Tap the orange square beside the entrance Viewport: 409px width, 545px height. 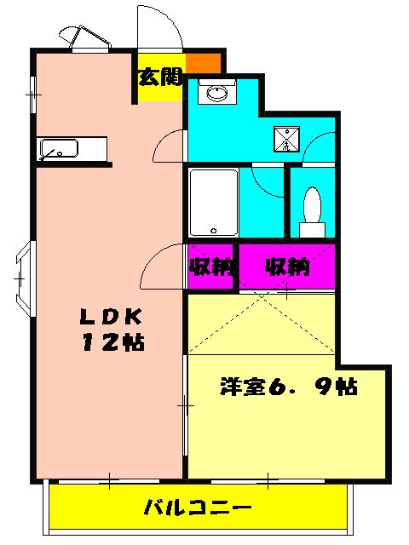[204, 62]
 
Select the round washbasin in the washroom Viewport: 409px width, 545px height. [217, 93]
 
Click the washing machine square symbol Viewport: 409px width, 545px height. [287, 139]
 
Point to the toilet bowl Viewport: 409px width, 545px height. [312, 205]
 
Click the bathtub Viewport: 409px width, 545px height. [213, 203]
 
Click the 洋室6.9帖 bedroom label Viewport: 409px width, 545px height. [288, 386]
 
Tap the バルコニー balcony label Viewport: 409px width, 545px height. [197, 508]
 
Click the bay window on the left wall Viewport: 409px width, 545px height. [23, 277]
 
